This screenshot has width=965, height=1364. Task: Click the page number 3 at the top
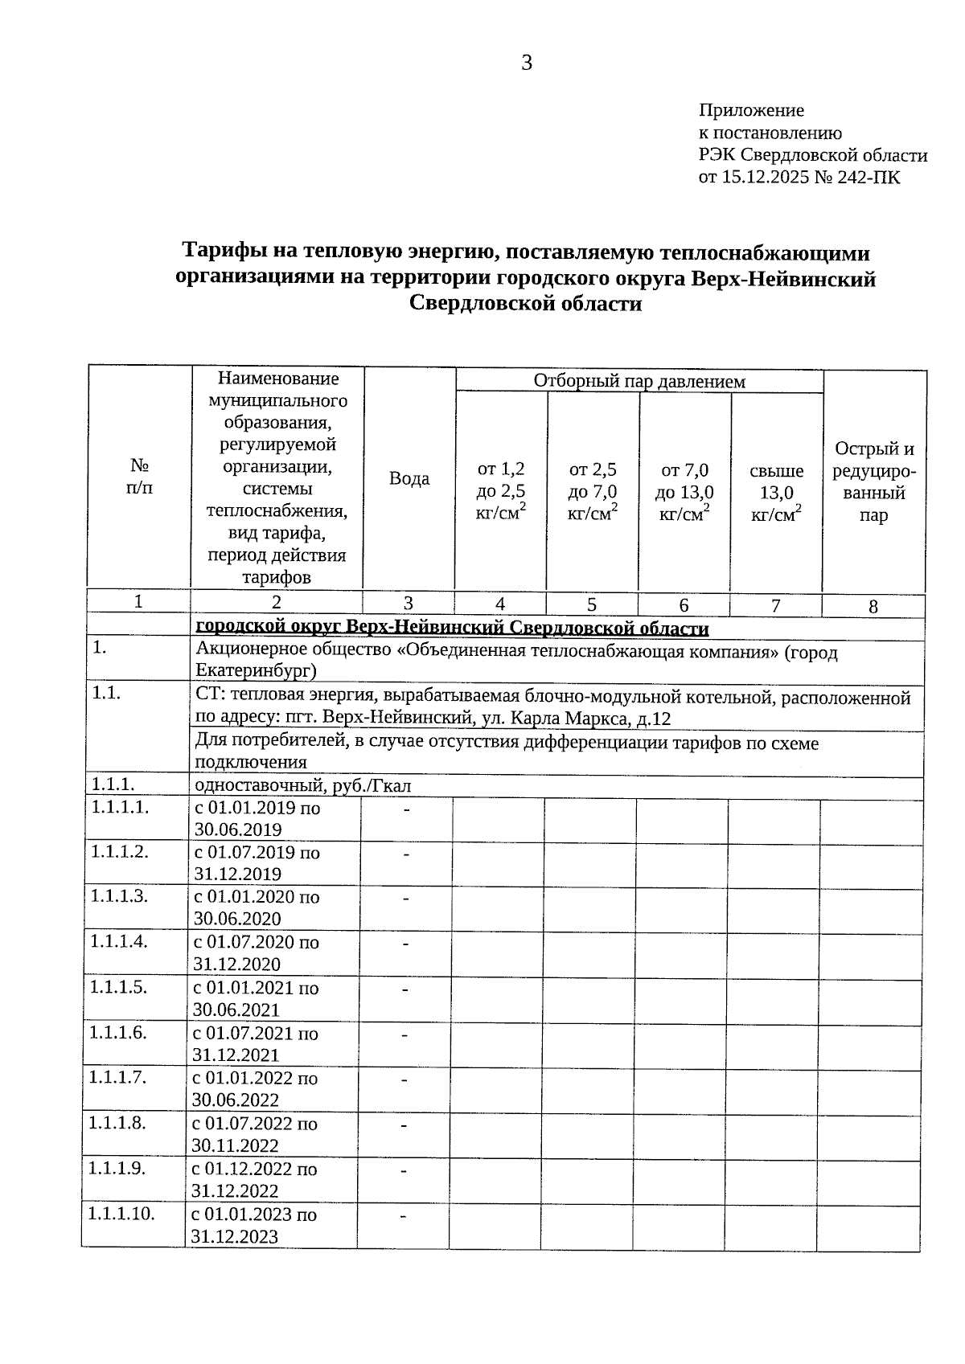coord(527,63)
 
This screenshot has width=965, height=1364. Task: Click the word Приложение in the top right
coord(751,110)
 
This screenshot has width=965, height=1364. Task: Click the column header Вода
coord(409,479)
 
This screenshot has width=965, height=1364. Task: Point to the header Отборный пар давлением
coord(639,381)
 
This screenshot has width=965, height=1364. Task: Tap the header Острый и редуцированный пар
coord(874,481)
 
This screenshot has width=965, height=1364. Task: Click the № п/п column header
coord(139,477)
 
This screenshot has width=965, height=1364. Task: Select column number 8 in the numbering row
coord(873,608)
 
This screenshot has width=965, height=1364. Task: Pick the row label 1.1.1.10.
coord(121,1214)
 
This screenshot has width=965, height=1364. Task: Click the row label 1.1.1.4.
coord(118,941)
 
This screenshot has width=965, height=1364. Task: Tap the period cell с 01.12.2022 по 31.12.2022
coord(254,1180)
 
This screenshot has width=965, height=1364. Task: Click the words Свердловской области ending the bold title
coord(526,305)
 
